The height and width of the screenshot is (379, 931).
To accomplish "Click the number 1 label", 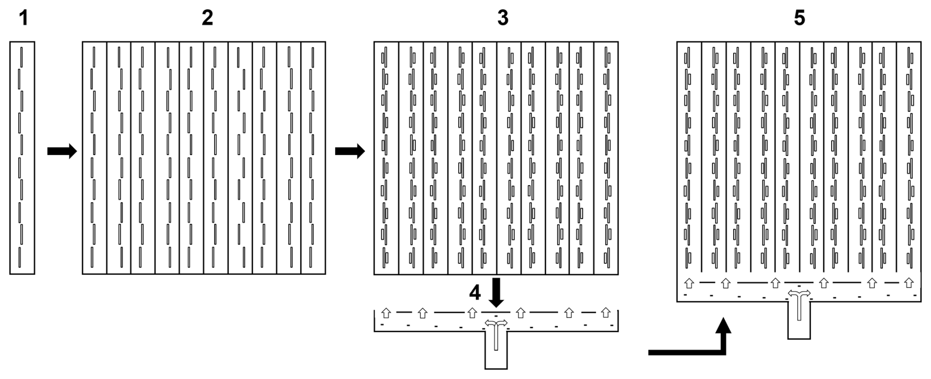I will pos(23,19).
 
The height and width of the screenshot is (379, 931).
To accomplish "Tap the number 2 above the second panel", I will pos(207,19).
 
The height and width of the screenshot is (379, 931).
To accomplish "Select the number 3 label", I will pos(502,19).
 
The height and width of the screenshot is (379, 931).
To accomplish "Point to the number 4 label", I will pos(474,293).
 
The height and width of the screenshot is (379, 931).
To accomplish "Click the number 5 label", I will pos(800,19).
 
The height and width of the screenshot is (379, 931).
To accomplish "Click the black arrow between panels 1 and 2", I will pos(62,151).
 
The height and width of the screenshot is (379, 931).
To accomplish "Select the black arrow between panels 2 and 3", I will pos(350,151).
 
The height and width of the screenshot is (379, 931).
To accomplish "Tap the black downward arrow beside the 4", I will pos(497,291).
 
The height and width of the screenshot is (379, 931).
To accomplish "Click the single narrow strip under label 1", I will pos(22,158).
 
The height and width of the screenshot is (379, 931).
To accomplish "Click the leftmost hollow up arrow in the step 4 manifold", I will pos(386,313).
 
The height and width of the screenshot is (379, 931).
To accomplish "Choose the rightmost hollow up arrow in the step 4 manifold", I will pos(606,313).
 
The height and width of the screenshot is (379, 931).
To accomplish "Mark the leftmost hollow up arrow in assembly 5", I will pos(689,283).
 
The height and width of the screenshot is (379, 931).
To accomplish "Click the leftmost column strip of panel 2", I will pos(94,158).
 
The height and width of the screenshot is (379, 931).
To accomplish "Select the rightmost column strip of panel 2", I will pos(313,158).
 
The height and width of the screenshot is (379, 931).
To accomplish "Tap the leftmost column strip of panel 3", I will pos(386,158).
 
